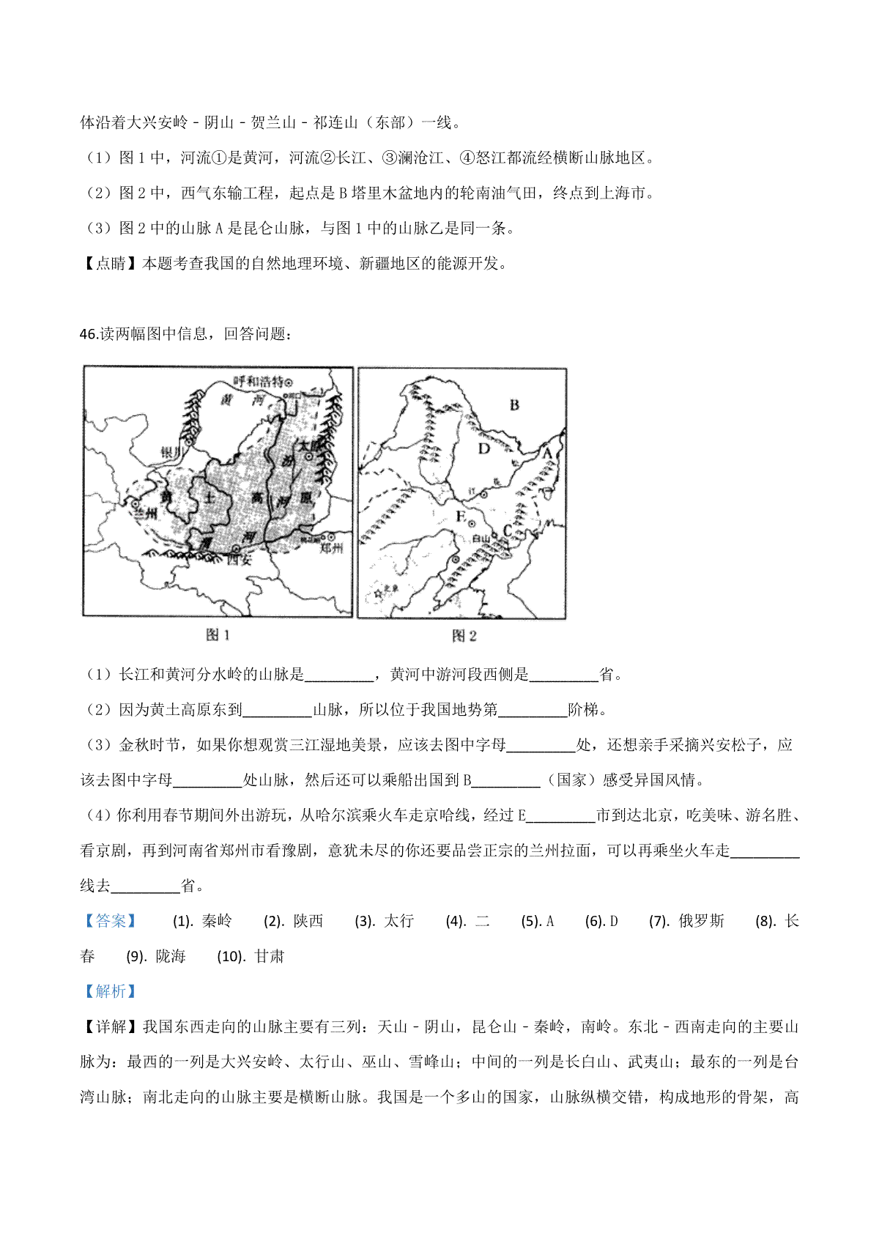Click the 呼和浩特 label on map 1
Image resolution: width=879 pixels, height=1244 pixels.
tap(258, 381)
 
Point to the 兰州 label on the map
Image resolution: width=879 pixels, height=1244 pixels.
tap(146, 514)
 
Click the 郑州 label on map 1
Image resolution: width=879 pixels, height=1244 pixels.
tap(331, 547)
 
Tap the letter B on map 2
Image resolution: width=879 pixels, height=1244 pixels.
tap(514, 404)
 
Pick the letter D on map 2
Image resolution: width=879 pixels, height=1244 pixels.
tap(483, 448)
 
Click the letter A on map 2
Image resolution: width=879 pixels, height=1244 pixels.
tap(546, 454)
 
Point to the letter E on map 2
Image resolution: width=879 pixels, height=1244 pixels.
tap(461, 517)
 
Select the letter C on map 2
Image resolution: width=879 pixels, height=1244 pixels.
tap(507, 531)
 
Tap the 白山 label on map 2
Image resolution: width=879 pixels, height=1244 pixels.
tap(481, 538)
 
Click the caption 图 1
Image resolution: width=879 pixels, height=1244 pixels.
tap(218, 634)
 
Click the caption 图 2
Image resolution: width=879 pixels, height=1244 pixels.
tap(464, 635)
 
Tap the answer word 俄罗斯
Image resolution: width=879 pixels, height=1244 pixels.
tap(701, 921)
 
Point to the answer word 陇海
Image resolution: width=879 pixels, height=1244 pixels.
tap(171, 956)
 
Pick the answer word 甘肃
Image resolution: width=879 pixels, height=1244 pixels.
tap(269, 956)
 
